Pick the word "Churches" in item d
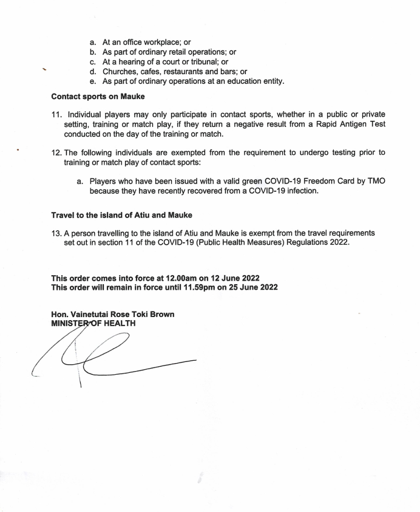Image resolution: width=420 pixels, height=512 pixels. click(x=121, y=72)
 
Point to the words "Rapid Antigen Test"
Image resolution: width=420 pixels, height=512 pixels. click(x=348, y=125)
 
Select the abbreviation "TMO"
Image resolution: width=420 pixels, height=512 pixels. click(x=374, y=181)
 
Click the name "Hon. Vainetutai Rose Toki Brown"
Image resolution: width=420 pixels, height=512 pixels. click(x=113, y=315)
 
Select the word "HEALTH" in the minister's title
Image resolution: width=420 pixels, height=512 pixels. click(x=118, y=323)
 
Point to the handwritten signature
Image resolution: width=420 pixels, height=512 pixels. click(x=109, y=358)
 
